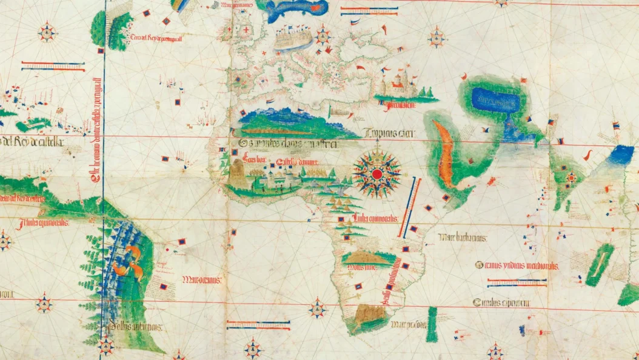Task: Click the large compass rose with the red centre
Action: click(376, 175)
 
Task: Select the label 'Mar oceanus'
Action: click(202, 280)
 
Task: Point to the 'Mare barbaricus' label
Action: click(464, 238)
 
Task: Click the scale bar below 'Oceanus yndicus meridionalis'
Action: click(517, 282)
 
